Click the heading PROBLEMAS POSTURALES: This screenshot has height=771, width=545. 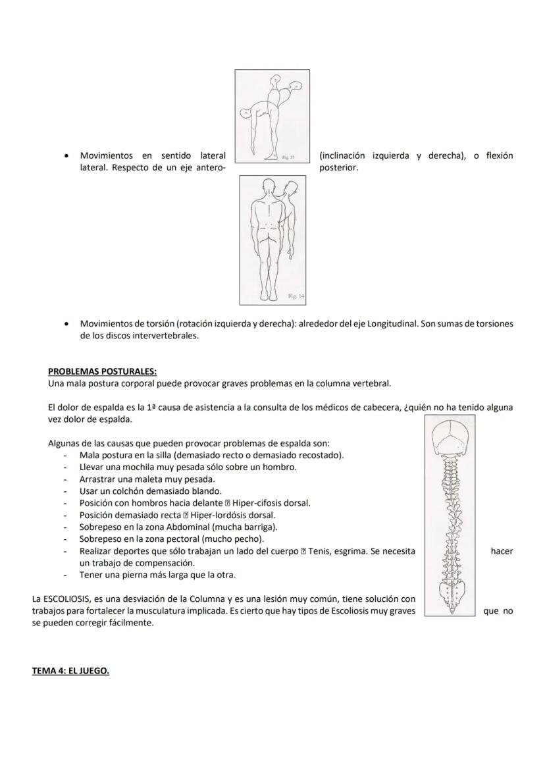[102, 371]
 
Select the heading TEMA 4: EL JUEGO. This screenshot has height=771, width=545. [70, 671]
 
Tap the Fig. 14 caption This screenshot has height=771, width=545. [296, 297]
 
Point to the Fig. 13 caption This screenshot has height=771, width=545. [288, 157]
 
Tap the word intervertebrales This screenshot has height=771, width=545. [166, 335]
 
